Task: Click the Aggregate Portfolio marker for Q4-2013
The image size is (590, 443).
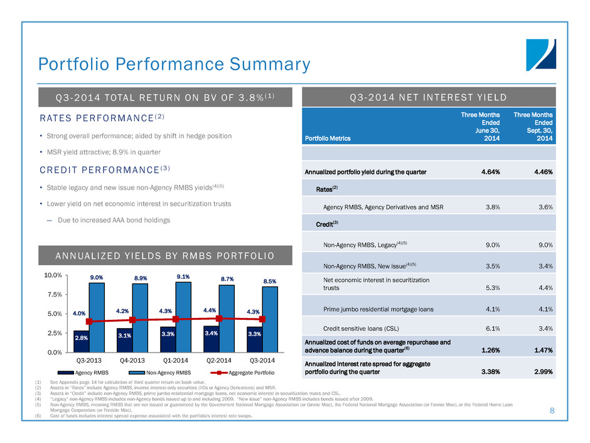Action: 132,320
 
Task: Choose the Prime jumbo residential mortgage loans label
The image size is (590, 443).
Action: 378,309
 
